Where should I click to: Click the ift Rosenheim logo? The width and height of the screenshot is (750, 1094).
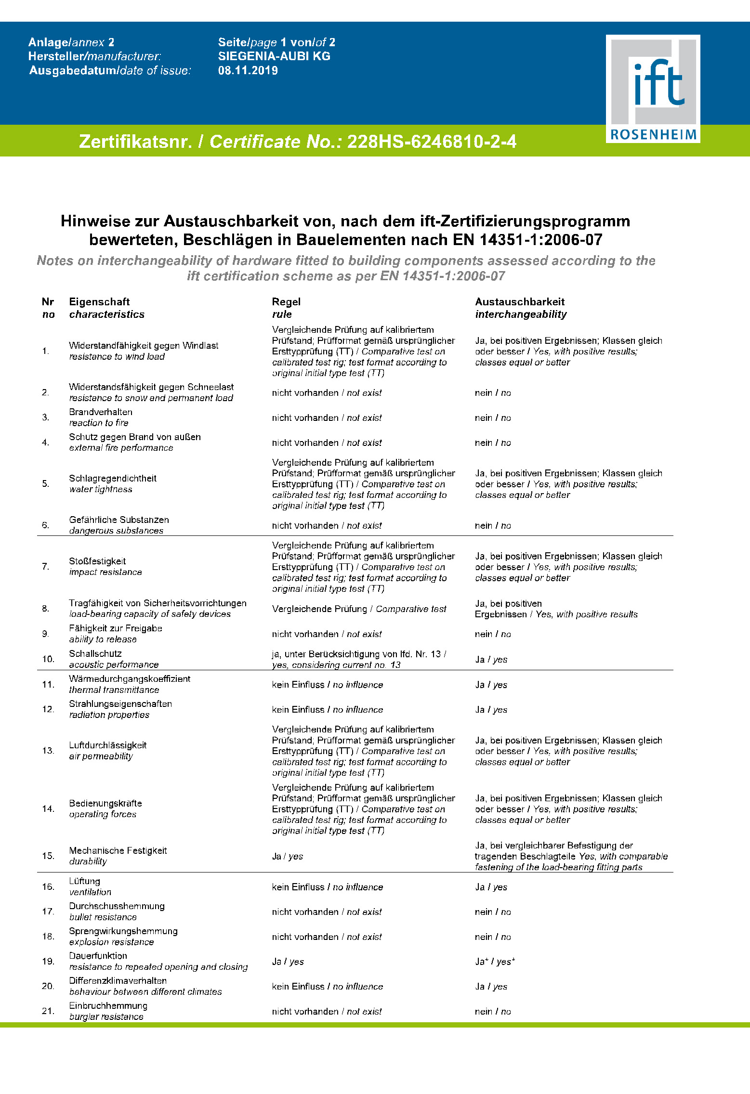[653, 89]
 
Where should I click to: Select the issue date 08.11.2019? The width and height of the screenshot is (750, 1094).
[248, 70]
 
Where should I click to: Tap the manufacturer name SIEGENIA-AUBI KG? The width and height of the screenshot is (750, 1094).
[274, 56]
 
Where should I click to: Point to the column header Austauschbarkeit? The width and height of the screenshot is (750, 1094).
[519, 302]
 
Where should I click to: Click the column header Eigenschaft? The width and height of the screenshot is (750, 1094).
[99, 302]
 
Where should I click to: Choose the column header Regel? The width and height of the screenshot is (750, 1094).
[286, 302]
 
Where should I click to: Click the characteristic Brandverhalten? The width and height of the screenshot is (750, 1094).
[100, 412]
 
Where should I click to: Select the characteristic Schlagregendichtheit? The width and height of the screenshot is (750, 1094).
[113, 478]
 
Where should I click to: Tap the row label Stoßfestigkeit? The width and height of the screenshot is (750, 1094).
[97, 561]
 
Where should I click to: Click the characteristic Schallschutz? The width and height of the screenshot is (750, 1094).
[95, 653]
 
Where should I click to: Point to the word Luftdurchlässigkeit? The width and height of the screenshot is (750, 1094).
[107, 745]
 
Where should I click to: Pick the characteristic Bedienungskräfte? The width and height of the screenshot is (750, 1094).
[105, 803]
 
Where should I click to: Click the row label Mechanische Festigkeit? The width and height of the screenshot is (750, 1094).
[118, 850]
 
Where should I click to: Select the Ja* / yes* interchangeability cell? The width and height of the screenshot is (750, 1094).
[495, 962]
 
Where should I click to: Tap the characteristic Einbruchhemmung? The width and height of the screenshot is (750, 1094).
[108, 1005]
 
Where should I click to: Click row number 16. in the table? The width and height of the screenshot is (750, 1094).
[48, 886]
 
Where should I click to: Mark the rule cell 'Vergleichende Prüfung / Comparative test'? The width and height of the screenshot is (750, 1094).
[359, 609]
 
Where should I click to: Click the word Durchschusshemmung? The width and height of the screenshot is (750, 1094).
[117, 906]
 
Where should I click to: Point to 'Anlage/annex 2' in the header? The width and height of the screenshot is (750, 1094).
[71, 42]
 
